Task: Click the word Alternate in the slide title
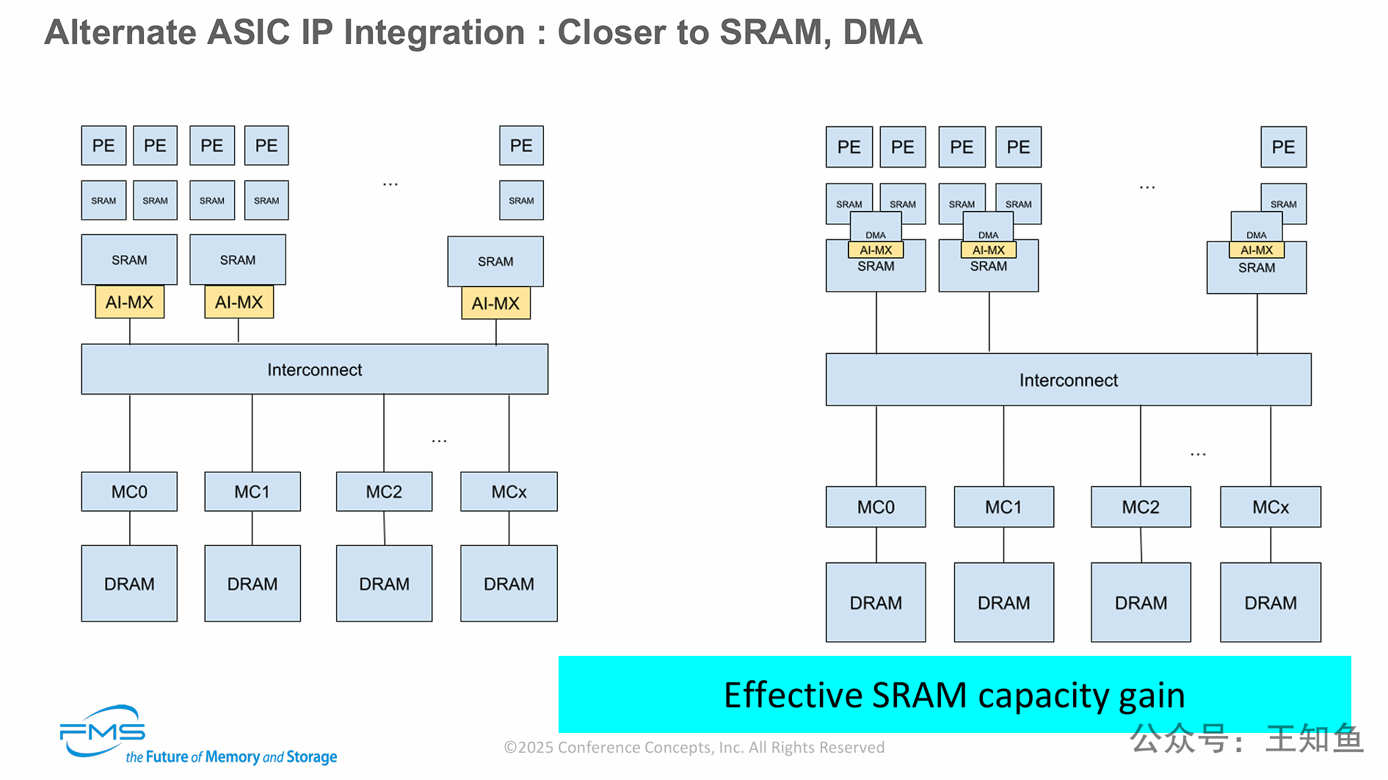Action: (121, 32)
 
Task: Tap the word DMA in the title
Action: (882, 32)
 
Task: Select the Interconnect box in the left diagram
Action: (314, 369)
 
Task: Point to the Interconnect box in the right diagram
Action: (1068, 380)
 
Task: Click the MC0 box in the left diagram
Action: (129, 491)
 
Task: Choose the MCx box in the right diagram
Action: (1271, 507)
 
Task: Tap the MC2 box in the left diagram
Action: (384, 491)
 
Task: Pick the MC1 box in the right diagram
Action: (1003, 507)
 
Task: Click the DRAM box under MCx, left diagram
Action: (509, 583)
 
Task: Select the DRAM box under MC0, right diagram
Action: (876, 602)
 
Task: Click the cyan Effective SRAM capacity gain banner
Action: (954, 694)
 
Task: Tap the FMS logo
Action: (102, 731)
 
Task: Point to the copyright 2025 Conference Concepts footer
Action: (694, 748)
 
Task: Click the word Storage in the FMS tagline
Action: (311, 757)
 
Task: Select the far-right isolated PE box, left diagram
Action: (521, 145)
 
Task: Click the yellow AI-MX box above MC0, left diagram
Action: (129, 302)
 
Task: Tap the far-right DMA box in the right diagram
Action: (1257, 228)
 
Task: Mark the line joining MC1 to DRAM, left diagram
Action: (252, 528)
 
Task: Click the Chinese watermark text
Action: (1246, 738)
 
